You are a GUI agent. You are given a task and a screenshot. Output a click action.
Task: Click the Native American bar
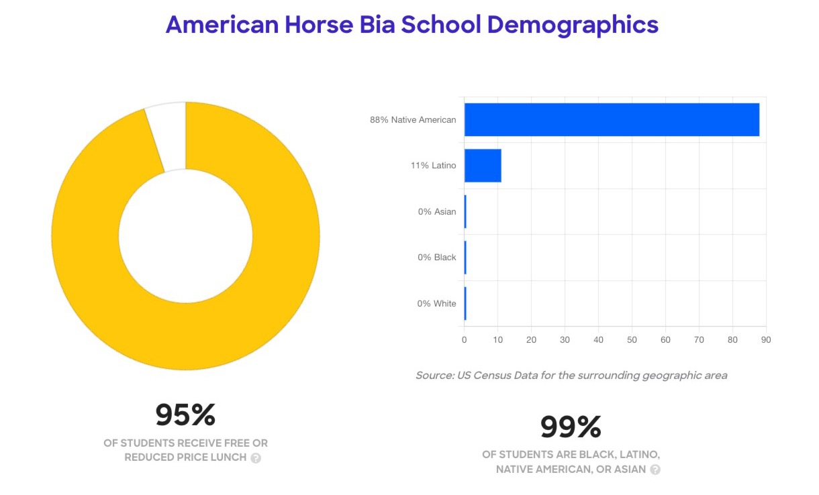click(611, 120)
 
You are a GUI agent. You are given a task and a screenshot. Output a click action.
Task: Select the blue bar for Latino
click(482, 166)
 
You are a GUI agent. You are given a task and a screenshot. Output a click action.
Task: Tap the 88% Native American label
click(413, 120)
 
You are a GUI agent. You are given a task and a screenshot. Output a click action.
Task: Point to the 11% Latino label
click(433, 166)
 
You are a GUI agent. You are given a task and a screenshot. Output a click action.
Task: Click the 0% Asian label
click(436, 212)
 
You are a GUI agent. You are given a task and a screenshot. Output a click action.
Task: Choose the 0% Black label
click(436, 258)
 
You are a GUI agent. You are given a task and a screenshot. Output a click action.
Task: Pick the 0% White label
click(436, 304)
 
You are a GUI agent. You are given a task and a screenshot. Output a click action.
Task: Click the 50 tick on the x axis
click(632, 340)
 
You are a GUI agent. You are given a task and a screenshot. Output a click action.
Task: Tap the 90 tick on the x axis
click(766, 340)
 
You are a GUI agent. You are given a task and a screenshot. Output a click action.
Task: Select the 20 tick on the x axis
click(531, 340)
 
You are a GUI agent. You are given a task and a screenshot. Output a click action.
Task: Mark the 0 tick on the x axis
click(464, 340)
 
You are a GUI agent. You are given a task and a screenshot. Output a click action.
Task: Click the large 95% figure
click(185, 415)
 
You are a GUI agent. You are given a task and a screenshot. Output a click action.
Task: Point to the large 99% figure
click(571, 427)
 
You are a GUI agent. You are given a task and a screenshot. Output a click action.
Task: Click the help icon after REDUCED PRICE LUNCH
click(256, 458)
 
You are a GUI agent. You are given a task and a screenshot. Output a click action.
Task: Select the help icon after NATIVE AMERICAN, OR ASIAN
click(655, 470)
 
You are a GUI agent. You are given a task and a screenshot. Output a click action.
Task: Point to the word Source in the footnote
click(434, 376)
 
